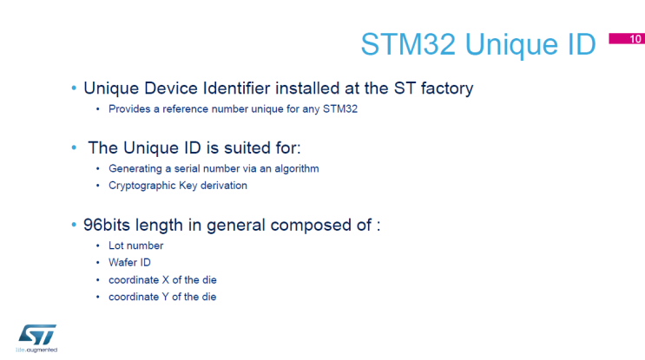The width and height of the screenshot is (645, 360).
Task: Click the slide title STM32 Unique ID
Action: point(478,43)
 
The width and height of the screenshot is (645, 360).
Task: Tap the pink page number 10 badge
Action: point(635,38)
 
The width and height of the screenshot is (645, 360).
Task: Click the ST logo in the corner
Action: point(37,333)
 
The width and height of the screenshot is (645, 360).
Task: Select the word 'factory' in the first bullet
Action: point(443,88)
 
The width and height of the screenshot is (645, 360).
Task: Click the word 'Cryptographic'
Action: point(141,185)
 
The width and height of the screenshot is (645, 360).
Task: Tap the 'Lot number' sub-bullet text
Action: point(135,245)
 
